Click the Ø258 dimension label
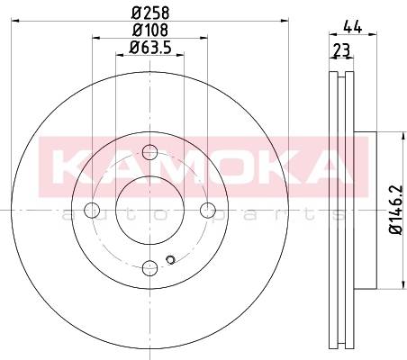(150, 13)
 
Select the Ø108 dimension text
(150, 30)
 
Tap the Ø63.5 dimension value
(150, 48)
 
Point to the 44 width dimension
(353, 26)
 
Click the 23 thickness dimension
(342, 49)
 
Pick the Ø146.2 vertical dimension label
(395, 210)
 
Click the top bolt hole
(149, 152)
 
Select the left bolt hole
(92, 210)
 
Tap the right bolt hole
(208, 210)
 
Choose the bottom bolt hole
(149, 268)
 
